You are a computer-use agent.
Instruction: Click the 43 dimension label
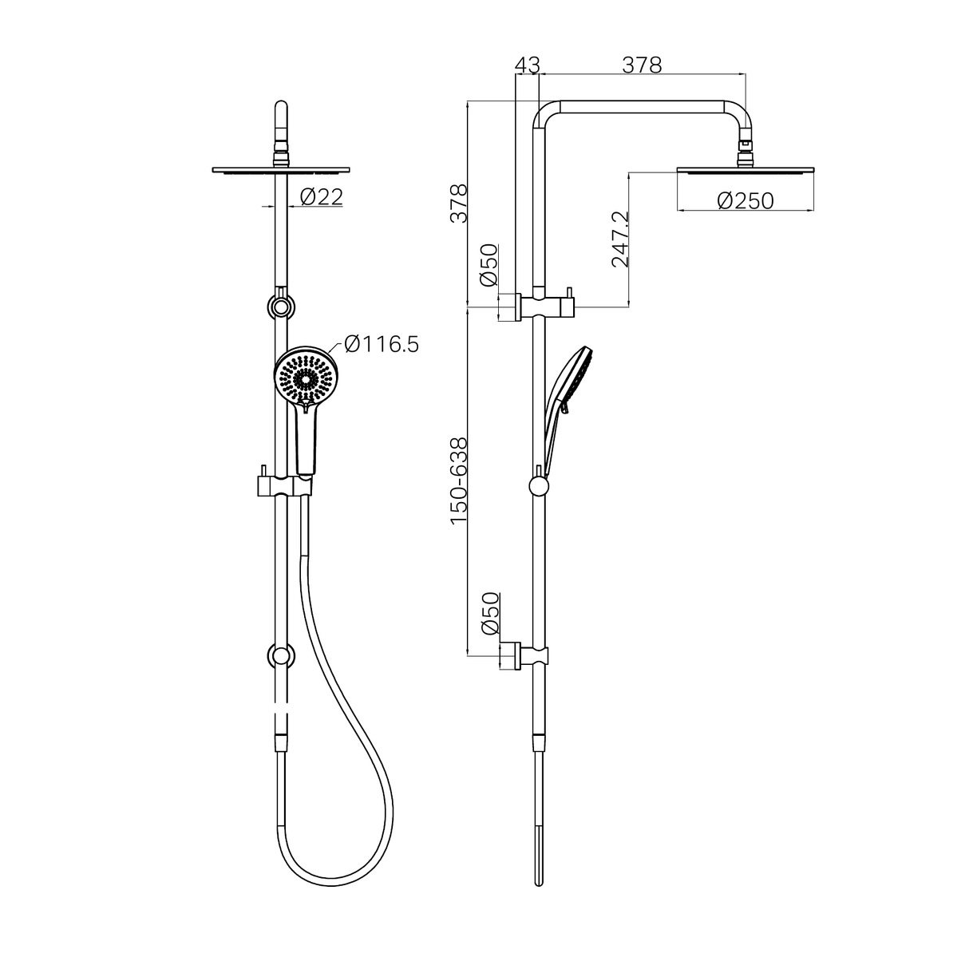point(528,65)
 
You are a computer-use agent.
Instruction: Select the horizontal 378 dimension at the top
point(642,65)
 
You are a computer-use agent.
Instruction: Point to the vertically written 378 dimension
point(458,203)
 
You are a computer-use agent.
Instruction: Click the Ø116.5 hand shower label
point(381,344)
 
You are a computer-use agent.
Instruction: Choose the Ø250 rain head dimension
point(745,200)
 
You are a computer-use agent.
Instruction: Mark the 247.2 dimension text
point(620,239)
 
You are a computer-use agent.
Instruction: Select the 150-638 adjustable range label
point(458,481)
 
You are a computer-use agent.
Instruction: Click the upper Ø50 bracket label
point(488,266)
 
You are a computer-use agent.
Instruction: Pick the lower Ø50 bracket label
point(488,614)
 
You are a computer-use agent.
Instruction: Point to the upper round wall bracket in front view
point(280,307)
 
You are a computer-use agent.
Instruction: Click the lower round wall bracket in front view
point(280,656)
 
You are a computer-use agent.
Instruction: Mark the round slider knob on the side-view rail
point(539,487)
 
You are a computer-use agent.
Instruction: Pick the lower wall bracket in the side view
point(528,656)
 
